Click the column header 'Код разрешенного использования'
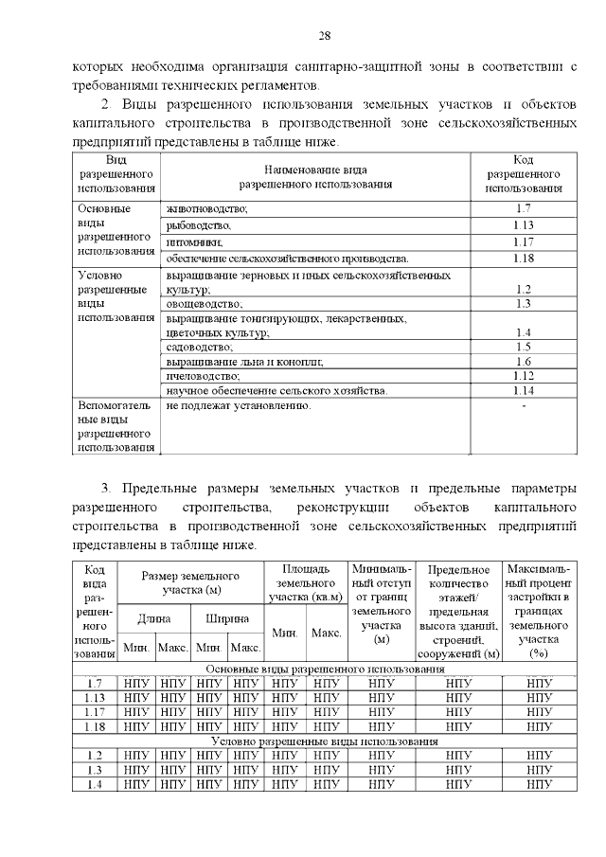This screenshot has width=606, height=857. pos(524,174)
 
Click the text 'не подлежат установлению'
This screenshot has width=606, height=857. pos(238,405)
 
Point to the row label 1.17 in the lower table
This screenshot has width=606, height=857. pos(94,711)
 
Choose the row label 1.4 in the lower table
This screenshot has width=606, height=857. pos(94,783)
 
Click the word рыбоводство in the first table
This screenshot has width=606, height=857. pos(198,225)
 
